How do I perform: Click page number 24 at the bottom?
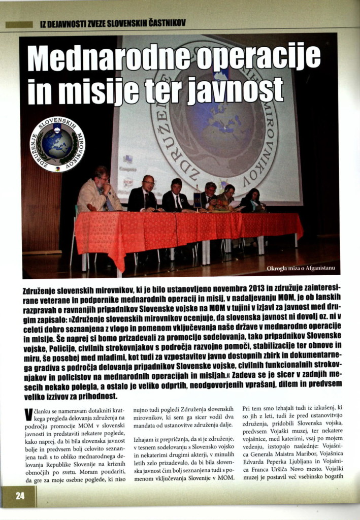[19, 497]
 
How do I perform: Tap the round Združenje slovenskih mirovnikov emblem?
[57, 144]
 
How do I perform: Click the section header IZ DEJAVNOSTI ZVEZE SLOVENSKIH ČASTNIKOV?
[112, 23]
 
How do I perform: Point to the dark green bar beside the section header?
[19, 24]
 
